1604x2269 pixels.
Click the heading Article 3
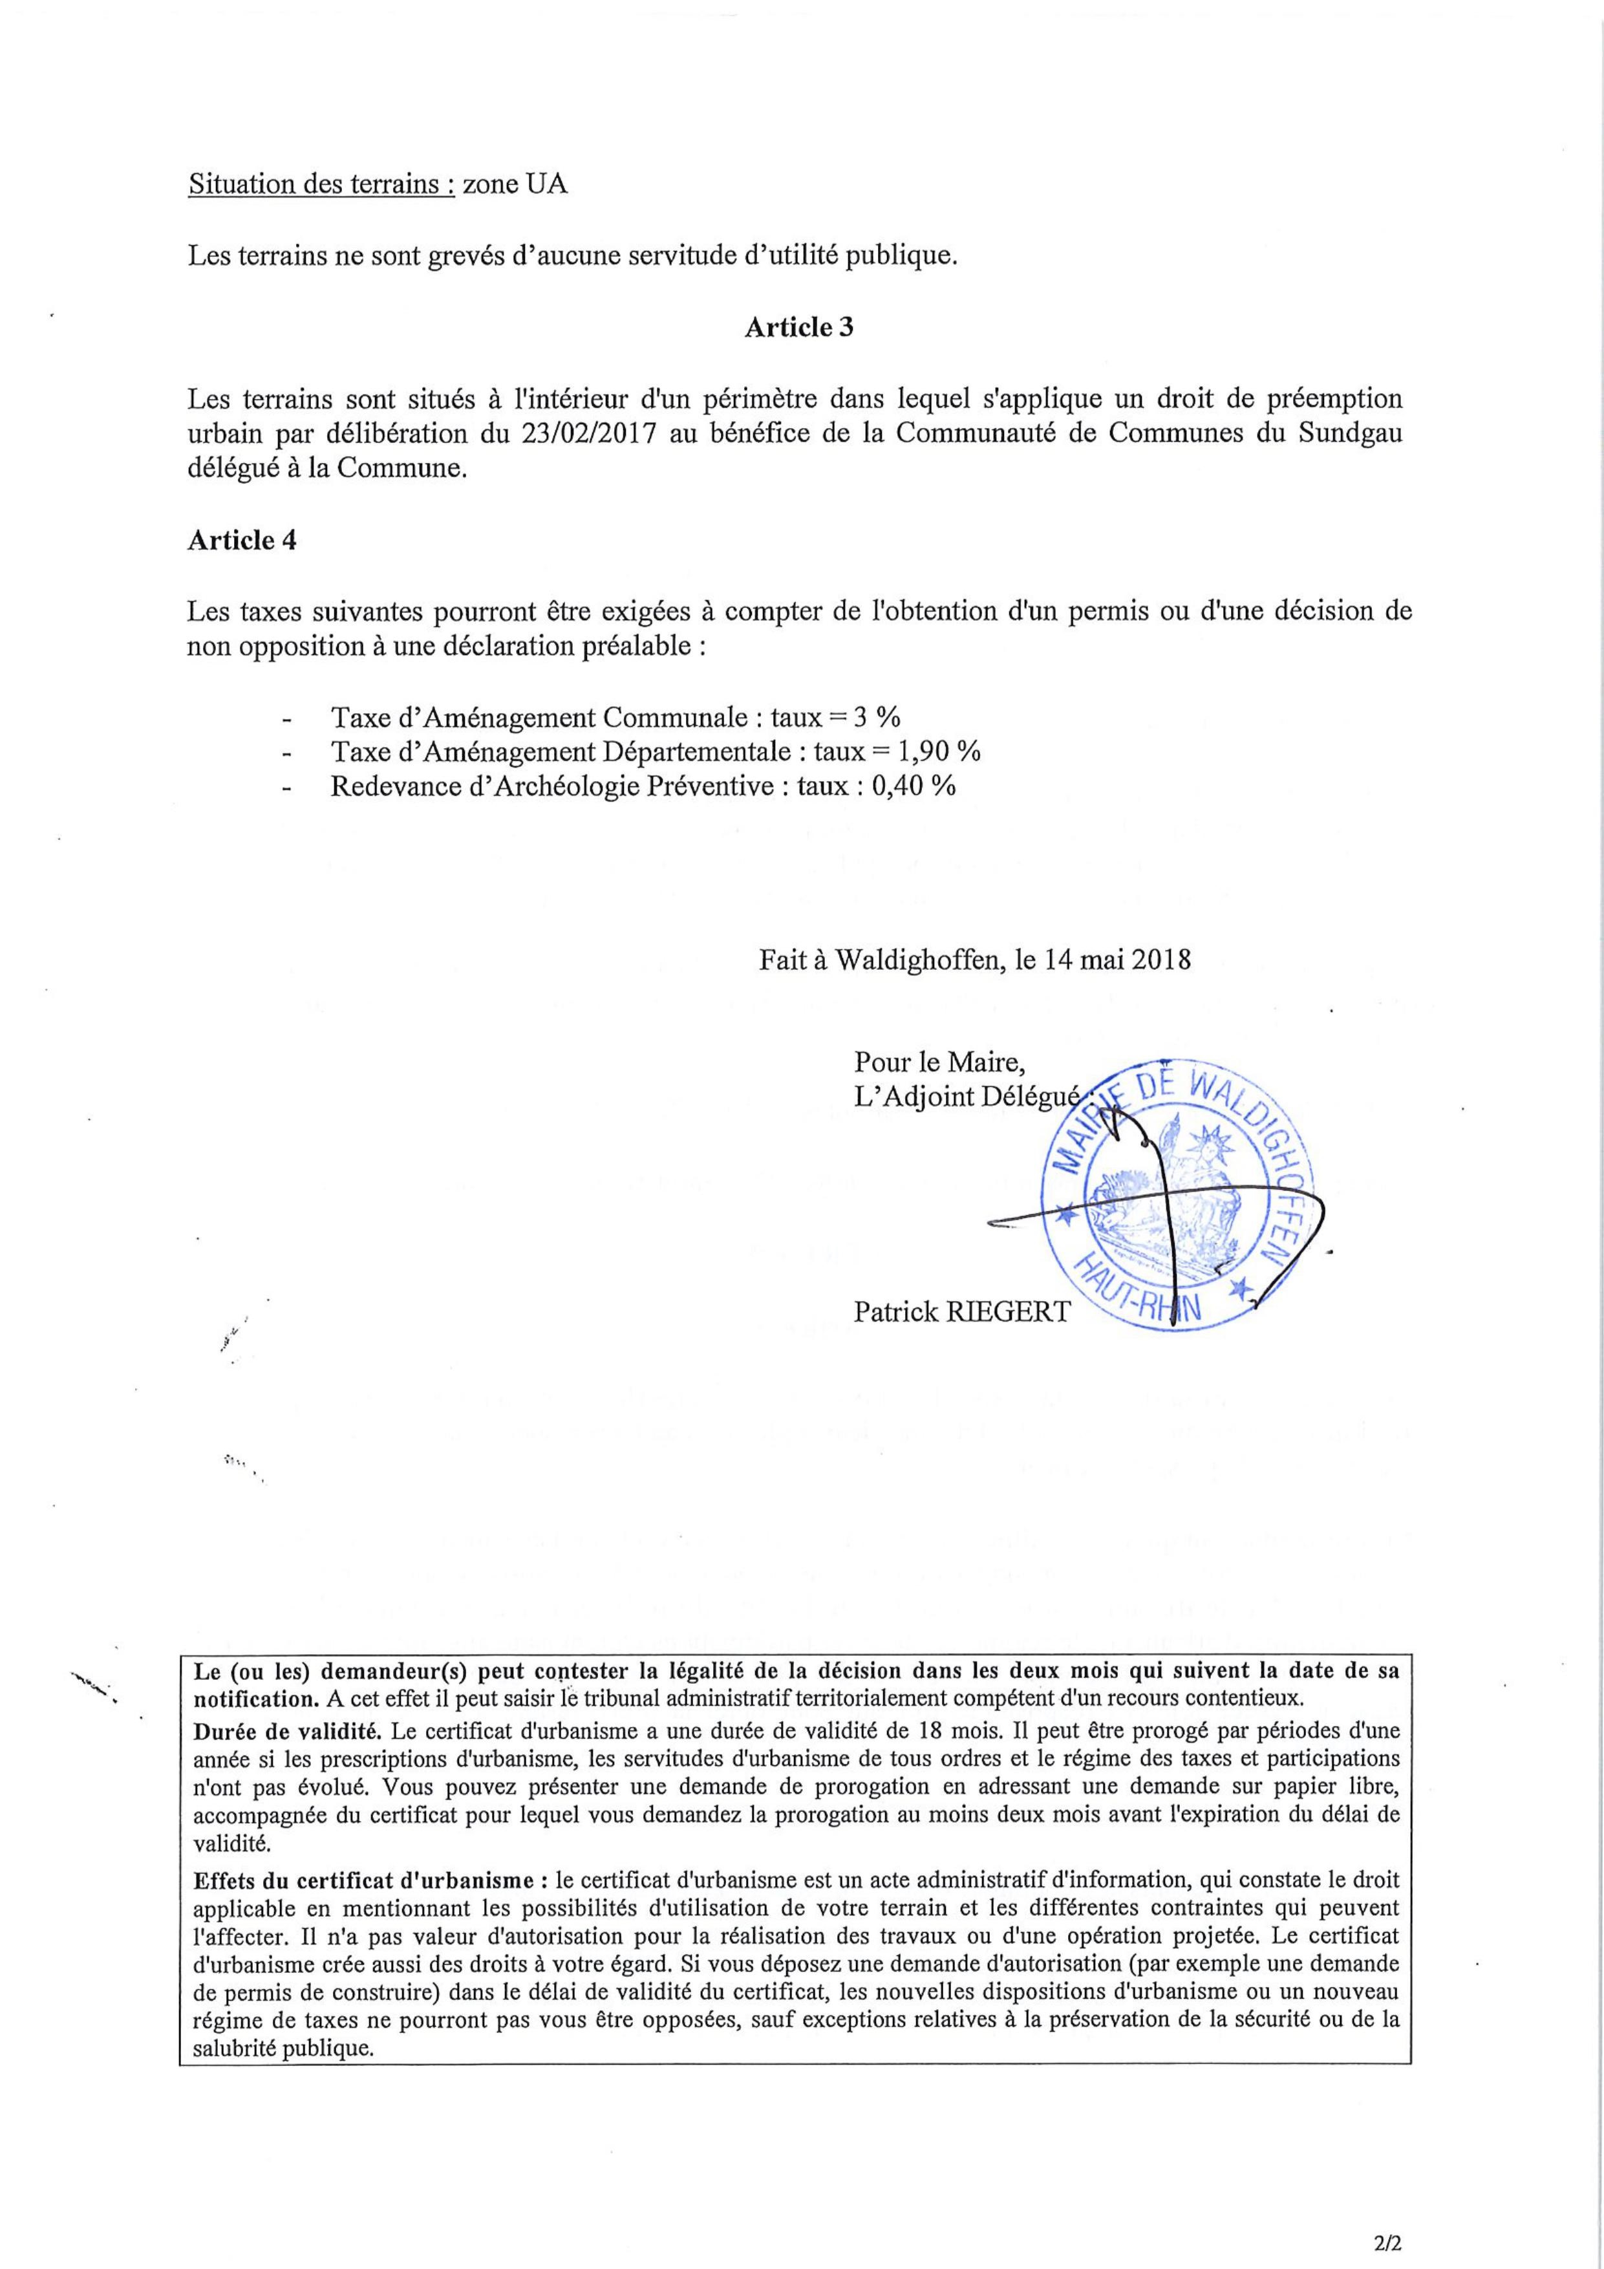point(798,328)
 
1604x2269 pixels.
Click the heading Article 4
point(241,541)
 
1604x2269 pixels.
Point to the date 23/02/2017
point(594,434)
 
